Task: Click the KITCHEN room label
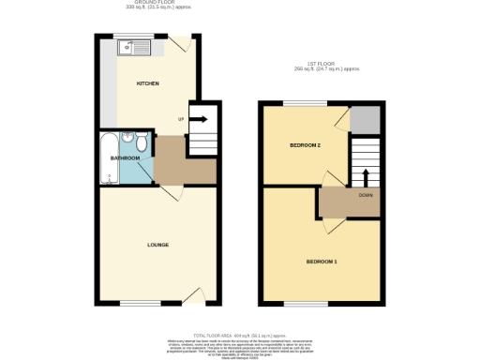(148, 83)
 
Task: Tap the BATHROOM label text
(125, 158)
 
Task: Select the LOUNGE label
(157, 245)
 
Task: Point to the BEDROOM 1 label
(322, 260)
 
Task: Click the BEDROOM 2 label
(306, 146)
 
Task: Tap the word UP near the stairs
(181, 119)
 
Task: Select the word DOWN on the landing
(365, 196)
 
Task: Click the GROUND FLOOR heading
(157, 4)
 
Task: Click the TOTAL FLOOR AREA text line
(239, 335)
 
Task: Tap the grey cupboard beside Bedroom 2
(366, 119)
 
